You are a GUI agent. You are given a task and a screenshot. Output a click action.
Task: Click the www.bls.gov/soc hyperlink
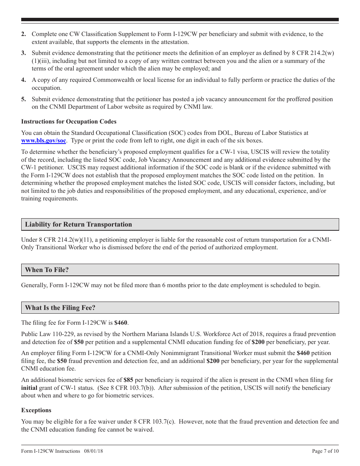(x=44, y=141)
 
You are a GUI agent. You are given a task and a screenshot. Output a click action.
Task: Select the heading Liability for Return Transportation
(x=78, y=224)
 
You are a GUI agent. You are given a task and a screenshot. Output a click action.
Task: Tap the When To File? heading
(x=47, y=270)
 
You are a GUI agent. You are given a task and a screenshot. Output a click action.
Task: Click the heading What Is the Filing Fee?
(x=60, y=308)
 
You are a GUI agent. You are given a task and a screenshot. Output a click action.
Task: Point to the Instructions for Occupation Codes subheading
(x=69, y=122)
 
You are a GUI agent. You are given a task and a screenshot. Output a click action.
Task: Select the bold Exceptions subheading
(x=36, y=410)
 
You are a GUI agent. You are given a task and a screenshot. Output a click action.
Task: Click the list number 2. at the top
(x=23, y=34)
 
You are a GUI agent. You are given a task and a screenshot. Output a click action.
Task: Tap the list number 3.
(x=23, y=53)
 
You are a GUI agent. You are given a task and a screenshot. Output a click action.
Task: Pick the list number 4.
(x=23, y=80)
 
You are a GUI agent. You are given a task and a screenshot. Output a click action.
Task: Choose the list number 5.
(x=23, y=99)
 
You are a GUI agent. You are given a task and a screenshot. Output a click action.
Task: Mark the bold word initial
(x=29, y=388)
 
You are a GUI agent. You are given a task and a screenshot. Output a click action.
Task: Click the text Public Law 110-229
(x=44, y=334)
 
